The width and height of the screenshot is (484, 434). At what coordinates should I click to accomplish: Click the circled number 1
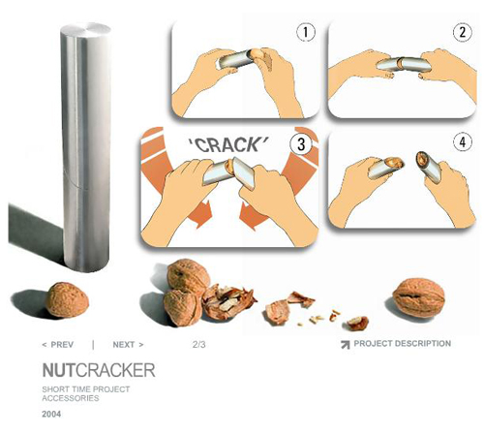pos(306,32)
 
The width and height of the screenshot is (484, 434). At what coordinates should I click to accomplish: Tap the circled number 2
pos(463,32)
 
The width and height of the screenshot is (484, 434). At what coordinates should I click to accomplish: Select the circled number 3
pos(301,144)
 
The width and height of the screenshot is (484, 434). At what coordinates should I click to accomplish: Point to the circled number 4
pos(463,142)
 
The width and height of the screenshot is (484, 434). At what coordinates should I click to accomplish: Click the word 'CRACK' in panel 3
pos(228,144)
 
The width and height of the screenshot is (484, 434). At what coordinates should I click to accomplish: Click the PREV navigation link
pos(58,345)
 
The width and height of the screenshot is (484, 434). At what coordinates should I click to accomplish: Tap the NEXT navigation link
pos(128,345)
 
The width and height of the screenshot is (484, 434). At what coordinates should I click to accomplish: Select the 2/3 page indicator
pos(198,345)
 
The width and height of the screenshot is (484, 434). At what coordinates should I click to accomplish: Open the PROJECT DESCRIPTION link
pos(403,343)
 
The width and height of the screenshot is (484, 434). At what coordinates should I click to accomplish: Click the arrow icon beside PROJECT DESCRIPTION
pos(346,345)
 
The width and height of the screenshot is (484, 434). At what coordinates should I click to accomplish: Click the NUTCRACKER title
pos(99,370)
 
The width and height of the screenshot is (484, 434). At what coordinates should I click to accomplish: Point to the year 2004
pos(51,414)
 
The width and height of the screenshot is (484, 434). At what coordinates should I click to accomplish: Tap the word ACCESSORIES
pos(71,398)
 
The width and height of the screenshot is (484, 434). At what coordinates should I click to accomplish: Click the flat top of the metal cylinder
pos(85,30)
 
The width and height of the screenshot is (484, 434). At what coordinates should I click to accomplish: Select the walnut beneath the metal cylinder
pos(67,300)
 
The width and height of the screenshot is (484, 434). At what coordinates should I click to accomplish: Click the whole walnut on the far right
pos(419,297)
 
